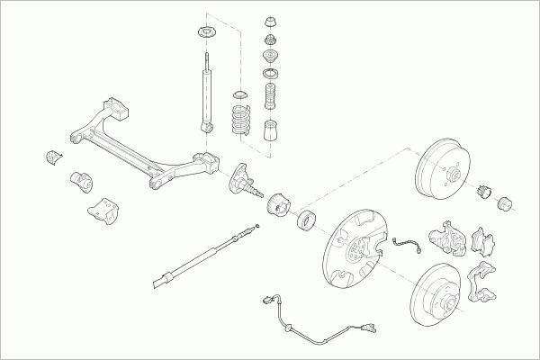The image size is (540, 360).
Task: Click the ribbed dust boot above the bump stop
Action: click(x=268, y=95)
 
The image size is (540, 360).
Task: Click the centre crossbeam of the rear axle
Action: click(x=135, y=150)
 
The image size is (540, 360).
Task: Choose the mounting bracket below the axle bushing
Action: click(x=101, y=209)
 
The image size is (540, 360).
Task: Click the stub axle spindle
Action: click(x=246, y=179)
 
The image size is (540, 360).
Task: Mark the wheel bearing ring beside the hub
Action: click(x=306, y=219)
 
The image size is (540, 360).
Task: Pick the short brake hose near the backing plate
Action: click(x=407, y=242)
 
